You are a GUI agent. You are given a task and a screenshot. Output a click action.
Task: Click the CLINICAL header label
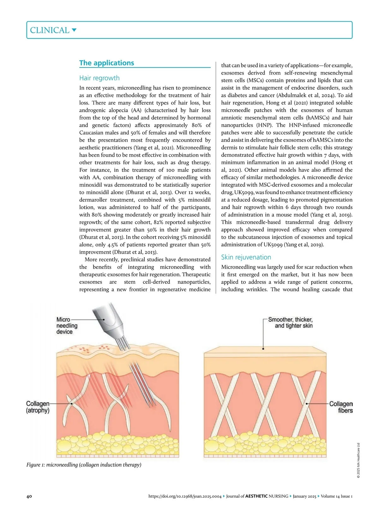pos(50,30)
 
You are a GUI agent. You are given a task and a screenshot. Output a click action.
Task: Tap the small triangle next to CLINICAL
pos(74,30)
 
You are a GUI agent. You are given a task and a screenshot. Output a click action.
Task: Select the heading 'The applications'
pos(106,63)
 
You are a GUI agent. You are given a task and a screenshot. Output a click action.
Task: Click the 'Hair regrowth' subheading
pos(99,78)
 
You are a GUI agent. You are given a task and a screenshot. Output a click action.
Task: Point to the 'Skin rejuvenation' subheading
pos(246,257)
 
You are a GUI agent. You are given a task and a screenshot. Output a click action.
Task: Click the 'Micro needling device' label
pos(67,325)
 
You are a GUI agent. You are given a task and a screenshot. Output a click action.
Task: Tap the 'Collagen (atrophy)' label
pos(38,407)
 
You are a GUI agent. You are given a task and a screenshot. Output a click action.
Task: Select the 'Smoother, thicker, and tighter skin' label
pos(290,323)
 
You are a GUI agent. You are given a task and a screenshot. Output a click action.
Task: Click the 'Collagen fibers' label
pos(341,407)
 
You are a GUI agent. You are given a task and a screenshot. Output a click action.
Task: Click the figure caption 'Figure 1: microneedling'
pos(84,465)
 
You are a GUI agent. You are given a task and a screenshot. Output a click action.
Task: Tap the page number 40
pos(29,496)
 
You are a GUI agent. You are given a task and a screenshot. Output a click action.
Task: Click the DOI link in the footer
pos(185,496)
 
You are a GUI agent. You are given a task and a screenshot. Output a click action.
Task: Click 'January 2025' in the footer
pos(304,496)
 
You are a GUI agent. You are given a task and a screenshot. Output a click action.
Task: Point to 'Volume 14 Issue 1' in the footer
pos(337,496)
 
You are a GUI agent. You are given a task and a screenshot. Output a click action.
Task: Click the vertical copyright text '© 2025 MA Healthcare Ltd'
pos(358,461)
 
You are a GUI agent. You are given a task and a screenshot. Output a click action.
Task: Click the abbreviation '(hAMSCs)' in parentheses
pos(316,118)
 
